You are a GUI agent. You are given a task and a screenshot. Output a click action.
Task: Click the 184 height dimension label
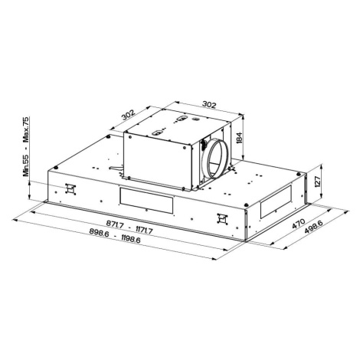tap(239, 138)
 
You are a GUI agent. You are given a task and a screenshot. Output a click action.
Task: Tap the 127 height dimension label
tap(317, 182)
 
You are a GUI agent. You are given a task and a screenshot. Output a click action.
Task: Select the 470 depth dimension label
tap(298, 224)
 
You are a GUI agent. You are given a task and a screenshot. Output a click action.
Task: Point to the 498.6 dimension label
tap(314, 227)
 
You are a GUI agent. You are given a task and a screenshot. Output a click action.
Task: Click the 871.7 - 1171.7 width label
tap(129, 227)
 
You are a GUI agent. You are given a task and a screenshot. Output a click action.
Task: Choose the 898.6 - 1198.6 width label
tap(115, 235)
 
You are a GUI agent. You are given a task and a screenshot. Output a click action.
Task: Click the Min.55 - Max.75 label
tap(26, 146)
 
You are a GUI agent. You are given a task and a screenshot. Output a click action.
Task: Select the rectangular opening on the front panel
tap(146, 201)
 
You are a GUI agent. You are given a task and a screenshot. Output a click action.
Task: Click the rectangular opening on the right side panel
tap(276, 201)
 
